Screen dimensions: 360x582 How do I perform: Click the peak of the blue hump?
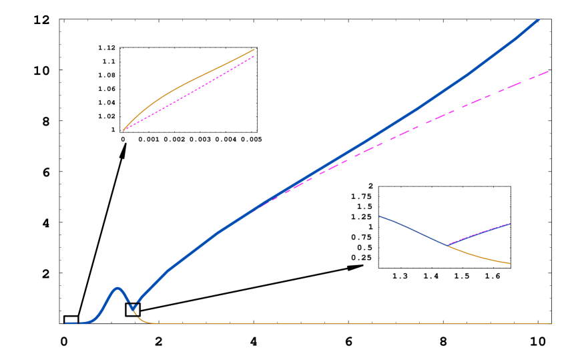pyautogui.click(x=118, y=288)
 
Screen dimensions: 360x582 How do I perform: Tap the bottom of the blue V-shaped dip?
pyautogui.click(x=133, y=309)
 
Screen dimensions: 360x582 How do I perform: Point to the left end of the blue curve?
pyautogui.click(x=66, y=323)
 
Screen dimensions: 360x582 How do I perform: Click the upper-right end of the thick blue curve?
pyautogui.click(x=538, y=20)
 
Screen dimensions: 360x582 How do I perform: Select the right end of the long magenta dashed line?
pyautogui.click(x=548, y=71)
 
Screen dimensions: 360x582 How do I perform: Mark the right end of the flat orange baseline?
pyautogui.click(x=551, y=323)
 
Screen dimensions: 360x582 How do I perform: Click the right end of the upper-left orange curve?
pyautogui.click(x=254, y=49)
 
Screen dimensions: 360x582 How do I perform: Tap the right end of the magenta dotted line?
pyautogui.click(x=254, y=56)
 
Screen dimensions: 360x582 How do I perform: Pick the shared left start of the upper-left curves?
pyautogui.click(x=123, y=130)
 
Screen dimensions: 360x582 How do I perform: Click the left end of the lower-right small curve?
pyautogui.click(x=378, y=216)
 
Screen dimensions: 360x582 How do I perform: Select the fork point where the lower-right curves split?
pyautogui.click(x=447, y=244)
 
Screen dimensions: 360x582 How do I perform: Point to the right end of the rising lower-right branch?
pyautogui.click(x=510, y=223)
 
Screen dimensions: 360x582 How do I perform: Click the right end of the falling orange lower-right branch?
pyautogui.click(x=510, y=263)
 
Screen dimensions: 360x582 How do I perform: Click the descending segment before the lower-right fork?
pyautogui.click(x=414, y=229)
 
